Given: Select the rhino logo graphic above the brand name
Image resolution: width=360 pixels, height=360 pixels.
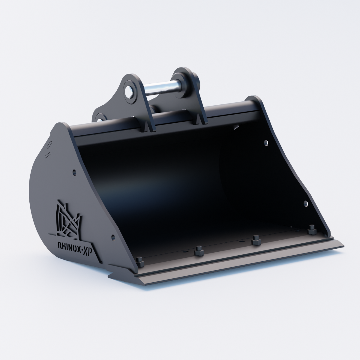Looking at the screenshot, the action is (x=68, y=220).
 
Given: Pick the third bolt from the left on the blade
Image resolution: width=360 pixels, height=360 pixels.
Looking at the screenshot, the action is (x=256, y=241).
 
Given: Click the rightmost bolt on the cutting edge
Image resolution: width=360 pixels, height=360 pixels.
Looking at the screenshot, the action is (x=312, y=230).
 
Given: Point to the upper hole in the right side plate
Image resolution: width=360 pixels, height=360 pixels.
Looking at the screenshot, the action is (x=266, y=143).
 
